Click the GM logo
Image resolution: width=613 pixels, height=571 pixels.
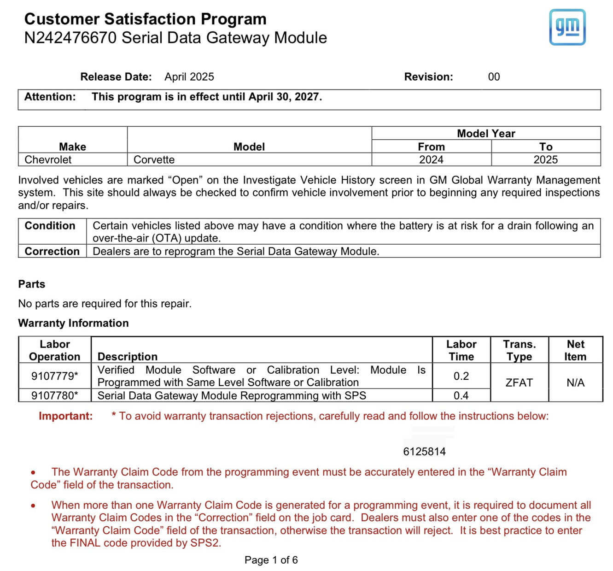tap(567, 27)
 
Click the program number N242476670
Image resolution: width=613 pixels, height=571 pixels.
tap(70, 38)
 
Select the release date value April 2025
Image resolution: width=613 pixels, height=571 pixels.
tap(189, 77)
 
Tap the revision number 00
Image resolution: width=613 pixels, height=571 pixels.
tap(494, 77)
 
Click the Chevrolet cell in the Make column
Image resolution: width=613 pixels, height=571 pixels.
tap(48, 160)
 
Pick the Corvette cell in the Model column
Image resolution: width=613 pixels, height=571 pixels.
tap(154, 160)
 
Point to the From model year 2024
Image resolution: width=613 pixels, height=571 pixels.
tap(431, 160)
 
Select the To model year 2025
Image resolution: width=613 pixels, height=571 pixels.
tap(545, 160)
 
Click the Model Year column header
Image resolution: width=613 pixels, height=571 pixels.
tap(486, 134)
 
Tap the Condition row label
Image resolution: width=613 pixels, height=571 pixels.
tap(50, 226)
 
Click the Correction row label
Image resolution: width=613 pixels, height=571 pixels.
tap(52, 252)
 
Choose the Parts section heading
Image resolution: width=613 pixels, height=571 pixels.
tap(32, 284)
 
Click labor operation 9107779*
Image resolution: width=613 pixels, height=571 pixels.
tap(54, 376)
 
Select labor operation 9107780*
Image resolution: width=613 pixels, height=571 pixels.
tap(54, 395)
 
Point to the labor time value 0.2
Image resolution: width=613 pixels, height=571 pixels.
tap(461, 376)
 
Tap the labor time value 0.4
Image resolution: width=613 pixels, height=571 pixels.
tap(461, 395)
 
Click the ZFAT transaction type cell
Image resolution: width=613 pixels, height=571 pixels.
tap(519, 383)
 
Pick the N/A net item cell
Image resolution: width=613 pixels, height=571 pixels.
tap(575, 383)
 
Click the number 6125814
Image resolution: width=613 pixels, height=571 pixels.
tap(424, 452)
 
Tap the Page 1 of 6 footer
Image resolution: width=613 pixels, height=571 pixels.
tap(271, 560)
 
